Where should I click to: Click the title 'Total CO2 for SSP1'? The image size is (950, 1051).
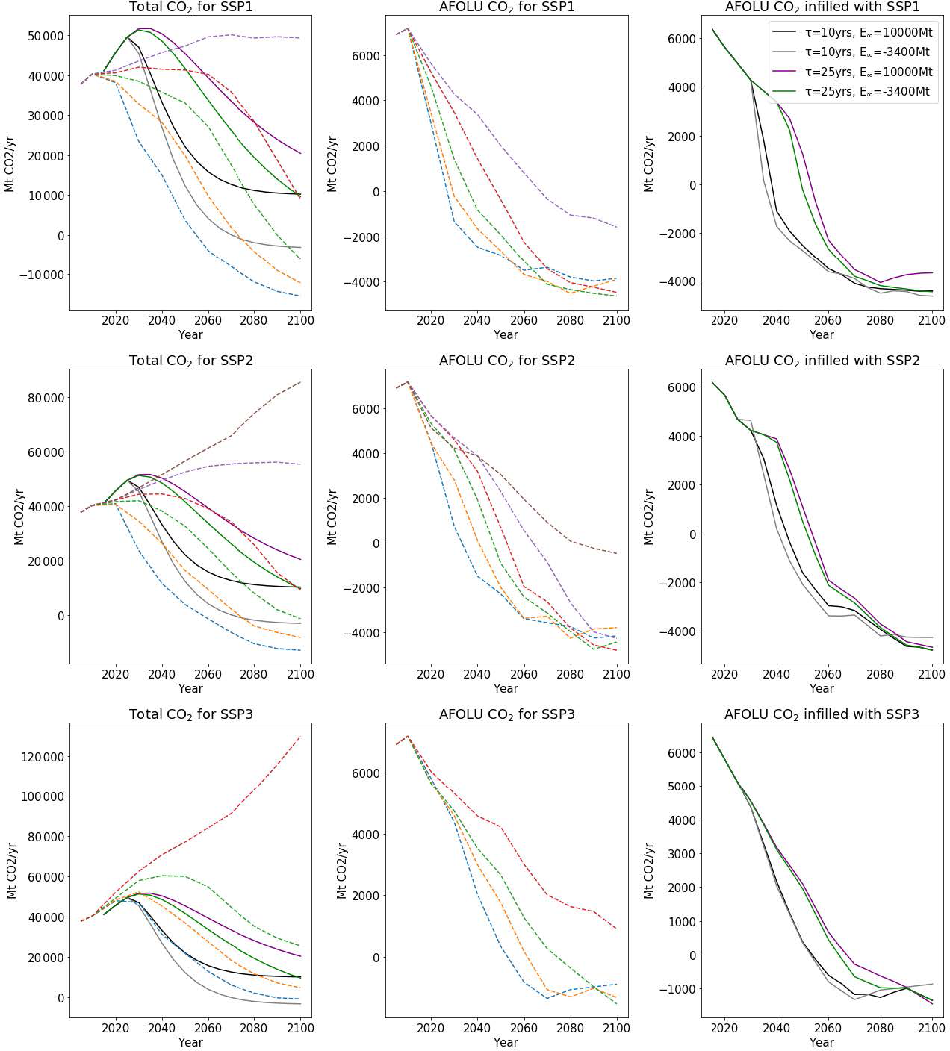click(190, 7)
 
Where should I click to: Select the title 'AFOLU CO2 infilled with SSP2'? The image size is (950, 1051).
click(822, 361)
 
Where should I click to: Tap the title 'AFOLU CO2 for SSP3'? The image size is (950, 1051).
click(506, 714)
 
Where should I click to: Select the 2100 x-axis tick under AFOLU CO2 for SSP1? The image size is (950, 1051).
click(616, 321)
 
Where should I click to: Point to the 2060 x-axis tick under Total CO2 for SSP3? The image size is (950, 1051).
click(208, 1029)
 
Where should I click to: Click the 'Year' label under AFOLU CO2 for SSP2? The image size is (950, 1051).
click(506, 688)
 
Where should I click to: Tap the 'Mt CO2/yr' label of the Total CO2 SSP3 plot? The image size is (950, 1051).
click(12, 870)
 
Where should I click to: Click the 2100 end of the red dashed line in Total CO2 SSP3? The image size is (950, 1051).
click(300, 737)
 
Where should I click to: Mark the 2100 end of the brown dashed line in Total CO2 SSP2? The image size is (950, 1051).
click(300, 382)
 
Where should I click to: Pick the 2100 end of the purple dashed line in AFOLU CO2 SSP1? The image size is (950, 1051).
click(616, 227)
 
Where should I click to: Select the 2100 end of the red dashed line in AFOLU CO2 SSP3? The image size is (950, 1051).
click(616, 929)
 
